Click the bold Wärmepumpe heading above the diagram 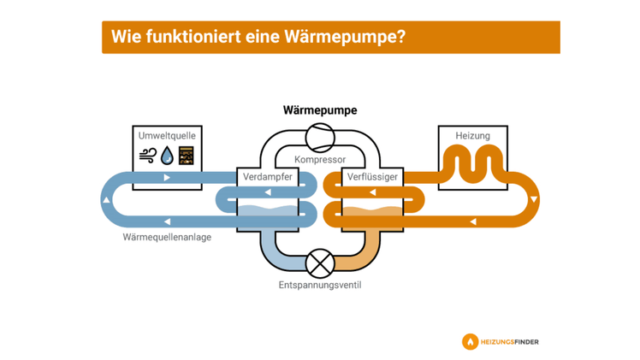tap(320, 110)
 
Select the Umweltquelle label tap(167, 136)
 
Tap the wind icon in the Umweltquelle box tap(148, 155)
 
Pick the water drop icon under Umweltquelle tap(167, 155)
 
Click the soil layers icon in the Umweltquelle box tap(186, 155)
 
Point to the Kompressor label tap(320, 160)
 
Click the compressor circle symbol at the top tap(320, 136)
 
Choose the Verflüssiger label tap(372, 177)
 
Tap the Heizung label tap(472, 136)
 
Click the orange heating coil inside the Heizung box tap(472, 162)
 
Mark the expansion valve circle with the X tap(320, 263)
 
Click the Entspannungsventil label tap(320, 285)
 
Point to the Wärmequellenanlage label tap(167, 237)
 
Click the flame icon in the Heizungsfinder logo tap(470, 342)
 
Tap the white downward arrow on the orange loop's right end tap(534, 200)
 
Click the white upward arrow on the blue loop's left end tap(106, 200)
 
